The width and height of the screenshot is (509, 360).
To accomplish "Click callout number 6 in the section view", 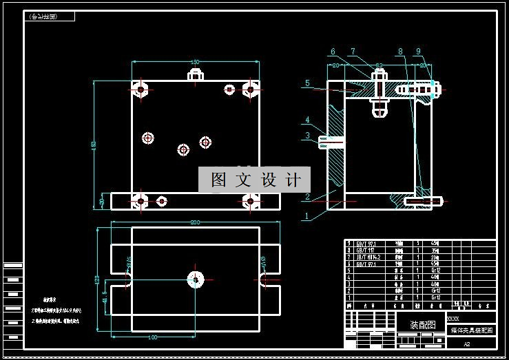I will coord(333,52).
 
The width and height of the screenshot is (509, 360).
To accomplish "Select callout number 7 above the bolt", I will coord(353,52).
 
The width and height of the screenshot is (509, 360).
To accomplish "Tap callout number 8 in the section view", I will coord(399,52).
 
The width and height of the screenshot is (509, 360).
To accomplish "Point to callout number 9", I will coord(417,52).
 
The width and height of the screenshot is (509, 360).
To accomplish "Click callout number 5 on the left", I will coord(309,83).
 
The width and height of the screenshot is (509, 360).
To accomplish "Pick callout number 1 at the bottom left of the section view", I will coord(307,215).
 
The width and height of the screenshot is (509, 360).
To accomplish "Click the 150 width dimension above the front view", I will coord(195,61).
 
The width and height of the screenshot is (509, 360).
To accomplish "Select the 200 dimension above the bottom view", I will coord(195,222).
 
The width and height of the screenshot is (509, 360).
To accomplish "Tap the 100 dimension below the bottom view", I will coord(153,337).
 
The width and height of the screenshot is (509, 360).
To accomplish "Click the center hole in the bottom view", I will coord(196,279).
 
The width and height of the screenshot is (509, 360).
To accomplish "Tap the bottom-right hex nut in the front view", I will coord(250,200).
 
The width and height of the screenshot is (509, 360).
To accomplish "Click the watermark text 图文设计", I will coord(256,180).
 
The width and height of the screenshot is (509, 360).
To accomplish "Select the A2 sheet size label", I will coord(466,343).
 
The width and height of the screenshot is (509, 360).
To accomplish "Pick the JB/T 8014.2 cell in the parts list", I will coord(370,256).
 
